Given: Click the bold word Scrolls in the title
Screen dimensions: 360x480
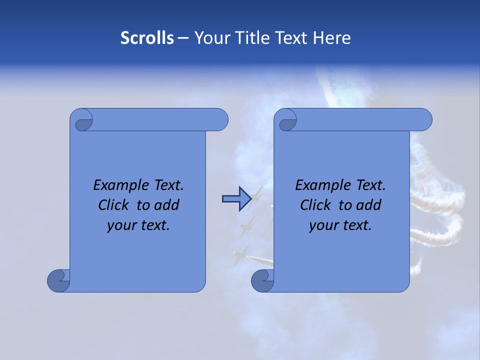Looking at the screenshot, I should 147,38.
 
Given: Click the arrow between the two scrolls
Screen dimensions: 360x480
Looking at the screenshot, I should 235,198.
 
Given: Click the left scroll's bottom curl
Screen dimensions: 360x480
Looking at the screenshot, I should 58,280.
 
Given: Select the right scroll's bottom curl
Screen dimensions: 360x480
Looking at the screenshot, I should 262,280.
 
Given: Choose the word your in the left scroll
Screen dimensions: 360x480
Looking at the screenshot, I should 120,225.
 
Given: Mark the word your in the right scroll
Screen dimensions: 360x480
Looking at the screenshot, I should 322,225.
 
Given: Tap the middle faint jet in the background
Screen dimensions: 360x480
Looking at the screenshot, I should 246,227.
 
